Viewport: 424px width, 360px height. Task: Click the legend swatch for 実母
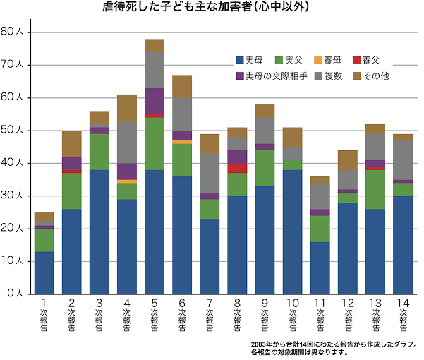[240, 61]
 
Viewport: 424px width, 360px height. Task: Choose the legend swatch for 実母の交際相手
[240, 76]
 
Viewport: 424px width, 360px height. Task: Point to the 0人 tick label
[16, 293]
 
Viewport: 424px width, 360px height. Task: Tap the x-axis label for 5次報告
[155, 314]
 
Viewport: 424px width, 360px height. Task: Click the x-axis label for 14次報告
[404, 314]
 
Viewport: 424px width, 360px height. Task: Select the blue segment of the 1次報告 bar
[44, 272]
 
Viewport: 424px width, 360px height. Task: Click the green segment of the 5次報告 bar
[155, 143]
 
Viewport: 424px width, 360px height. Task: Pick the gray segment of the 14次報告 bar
[404, 160]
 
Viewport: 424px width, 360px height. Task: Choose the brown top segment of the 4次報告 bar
[127, 107]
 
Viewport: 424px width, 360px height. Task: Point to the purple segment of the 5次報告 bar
[155, 101]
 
